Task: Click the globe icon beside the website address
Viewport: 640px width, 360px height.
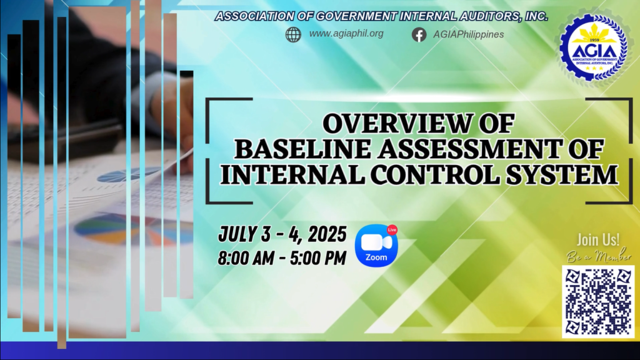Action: (x=293, y=35)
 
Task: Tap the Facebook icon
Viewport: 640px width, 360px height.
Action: (x=419, y=35)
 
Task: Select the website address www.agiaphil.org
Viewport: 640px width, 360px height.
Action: (x=346, y=34)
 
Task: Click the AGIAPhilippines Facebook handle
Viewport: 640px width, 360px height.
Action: (x=469, y=34)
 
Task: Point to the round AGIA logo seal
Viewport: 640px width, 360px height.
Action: (x=594, y=47)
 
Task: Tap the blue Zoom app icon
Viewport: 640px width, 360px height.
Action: (x=376, y=245)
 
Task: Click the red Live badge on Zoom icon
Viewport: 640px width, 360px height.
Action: (x=392, y=230)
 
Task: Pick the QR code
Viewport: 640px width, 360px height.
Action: (x=598, y=302)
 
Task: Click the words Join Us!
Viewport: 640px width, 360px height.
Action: (x=598, y=239)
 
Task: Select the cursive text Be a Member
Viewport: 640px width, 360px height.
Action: (x=599, y=256)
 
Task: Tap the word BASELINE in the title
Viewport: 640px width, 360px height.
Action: (x=302, y=149)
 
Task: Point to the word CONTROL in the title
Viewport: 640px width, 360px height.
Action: (x=435, y=174)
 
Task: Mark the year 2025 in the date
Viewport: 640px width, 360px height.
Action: (x=327, y=234)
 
